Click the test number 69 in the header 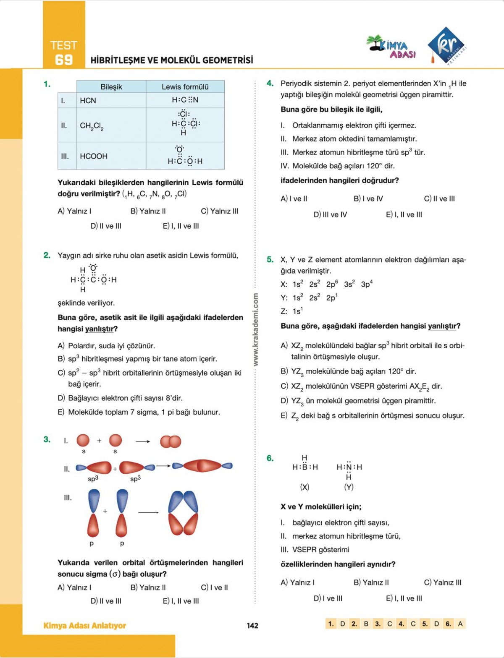point(64,60)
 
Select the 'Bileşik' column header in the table point(111,87)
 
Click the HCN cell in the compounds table point(88,101)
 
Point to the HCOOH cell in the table point(94,156)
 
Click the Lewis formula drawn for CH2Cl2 point(185,123)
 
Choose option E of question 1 point(181,226)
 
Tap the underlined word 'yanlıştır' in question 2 point(99,329)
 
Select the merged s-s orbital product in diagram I point(171,441)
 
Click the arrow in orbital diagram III point(148,512)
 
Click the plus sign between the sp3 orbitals point(115,469)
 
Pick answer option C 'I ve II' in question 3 point(214,587)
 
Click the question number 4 point(270,84)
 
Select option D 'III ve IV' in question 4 point(330,215)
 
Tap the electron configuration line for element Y point(309,298)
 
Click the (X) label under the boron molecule point(304,487)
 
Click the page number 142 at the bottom point(252,626)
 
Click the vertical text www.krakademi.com point(256,329)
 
